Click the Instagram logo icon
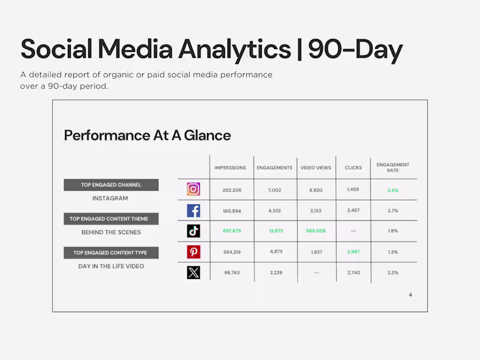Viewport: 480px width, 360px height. pyautogui.click(x=193, y=190)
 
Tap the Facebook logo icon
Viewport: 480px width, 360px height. pyautogui.click(x=193, y=211)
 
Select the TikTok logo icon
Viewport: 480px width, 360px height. pyautogui.click(x=193, y=231)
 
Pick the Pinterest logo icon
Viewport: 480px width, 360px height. pyautogui.click(x=193, y=252)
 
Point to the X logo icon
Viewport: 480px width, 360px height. pyautogui.click(x=193, y=272)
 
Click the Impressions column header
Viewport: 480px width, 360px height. pyautogui.click(x=230, y=168)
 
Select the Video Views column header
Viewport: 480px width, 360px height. pyautogui.click(x=316, y=168)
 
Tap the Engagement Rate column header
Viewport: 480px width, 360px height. pyautogui.click(x=393, y=167)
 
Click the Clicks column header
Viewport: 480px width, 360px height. pyautogui.click(x=353, y=168)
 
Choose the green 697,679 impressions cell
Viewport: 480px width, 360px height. pyautogui.click(x=232, y=231)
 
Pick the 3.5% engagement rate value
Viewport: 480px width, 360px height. pyautogui.click(x=393, y=190)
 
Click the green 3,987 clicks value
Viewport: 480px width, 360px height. pyautogui.click(x=353, y=252)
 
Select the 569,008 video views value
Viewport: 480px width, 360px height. pyautogui.click(x=316, y=231)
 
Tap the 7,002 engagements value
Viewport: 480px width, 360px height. pyautogui.click(x=274, y=190)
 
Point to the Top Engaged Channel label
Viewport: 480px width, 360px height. pyautogui.click(x=111, y=185)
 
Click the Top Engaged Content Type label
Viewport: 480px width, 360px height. pyautogui.click(x=110, y=253)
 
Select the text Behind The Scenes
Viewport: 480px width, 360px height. pyautogui.click(x=111, y=232)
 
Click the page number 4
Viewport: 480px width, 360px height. pyautogui.click(x=410, y=295)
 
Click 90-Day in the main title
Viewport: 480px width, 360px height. pyautogui.click(x=355, y=50)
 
